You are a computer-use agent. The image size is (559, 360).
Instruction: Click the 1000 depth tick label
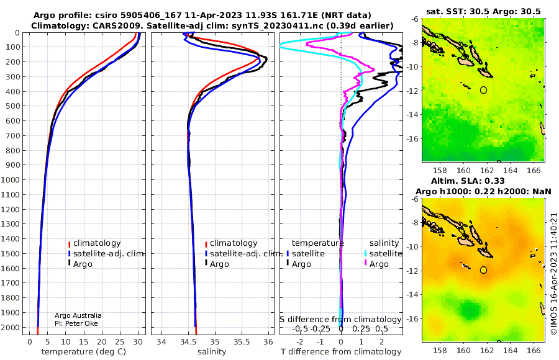pyautogui.click(x=10, y=180)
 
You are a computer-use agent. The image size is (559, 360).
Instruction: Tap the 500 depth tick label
pyautogui.click(x=12, y=106)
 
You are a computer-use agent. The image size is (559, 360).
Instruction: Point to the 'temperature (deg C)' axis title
pyautogui.click(x=84, y=352)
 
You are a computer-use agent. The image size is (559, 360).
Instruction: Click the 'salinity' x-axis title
pyautogui.click(x=212, y=352)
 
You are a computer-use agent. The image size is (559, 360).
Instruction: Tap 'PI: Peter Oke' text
pyautogui.click(x=76, y=323)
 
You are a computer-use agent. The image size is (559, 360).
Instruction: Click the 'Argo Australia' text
pyautogui.click(x=78, y=315)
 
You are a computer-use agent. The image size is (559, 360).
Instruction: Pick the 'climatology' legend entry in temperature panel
pyautogui.click(x=94, y=243)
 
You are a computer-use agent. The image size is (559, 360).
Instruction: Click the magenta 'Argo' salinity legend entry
pyautogui.click(x=376, y=264)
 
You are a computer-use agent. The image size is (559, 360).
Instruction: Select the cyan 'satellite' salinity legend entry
pyautogui.click(x=383, y=254)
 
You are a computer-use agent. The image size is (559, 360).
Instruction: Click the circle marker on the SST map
pyautogui.click(x=483, y=90)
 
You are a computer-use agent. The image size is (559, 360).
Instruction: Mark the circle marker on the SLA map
pyautogui.click(x=483, y=270)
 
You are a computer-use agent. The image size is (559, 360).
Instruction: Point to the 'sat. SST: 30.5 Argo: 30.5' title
pyautogui.click(x=483, y=11)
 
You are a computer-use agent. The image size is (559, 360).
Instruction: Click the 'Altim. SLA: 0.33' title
pyautogui.click(x=468, y=181)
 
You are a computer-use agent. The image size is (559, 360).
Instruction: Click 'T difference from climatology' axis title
pyautogui.click(x=341, y=352)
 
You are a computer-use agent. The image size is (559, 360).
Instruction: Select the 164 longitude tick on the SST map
pyautogui.click(x=510, y=171)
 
